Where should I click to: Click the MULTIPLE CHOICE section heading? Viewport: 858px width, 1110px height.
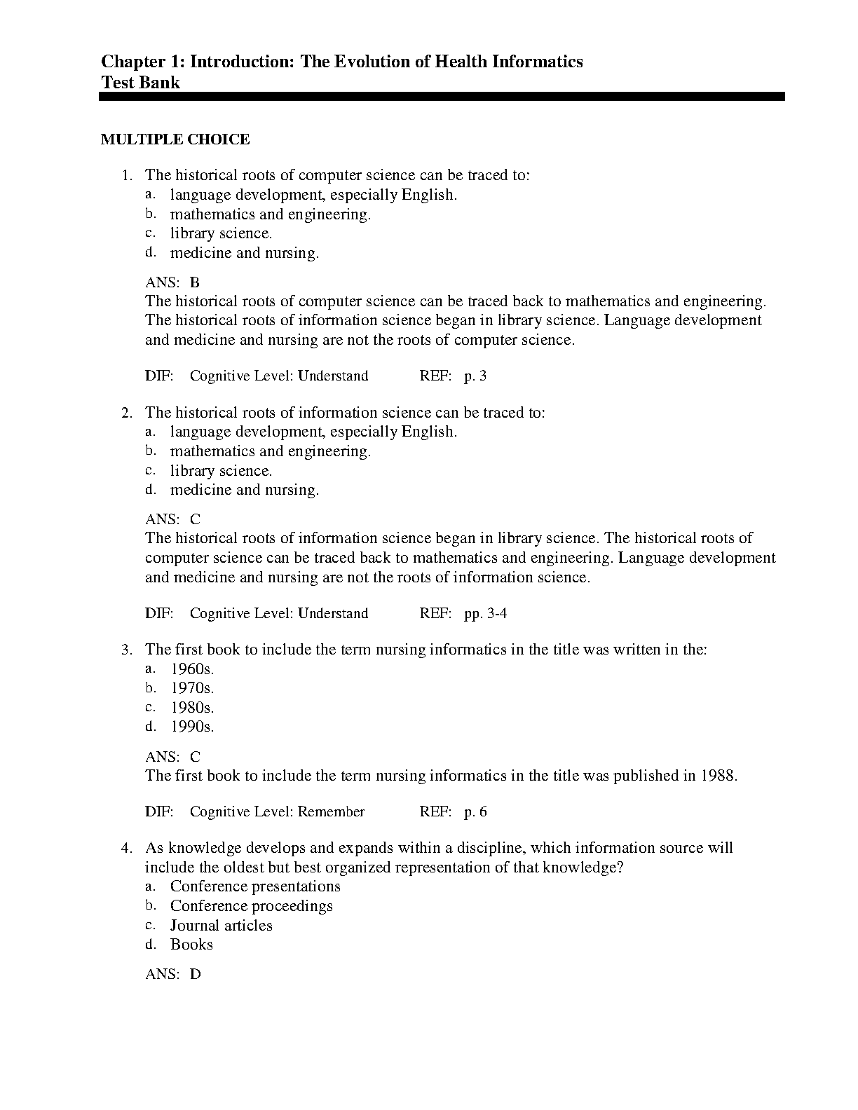point(175,139)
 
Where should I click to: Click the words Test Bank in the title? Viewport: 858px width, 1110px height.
point(140,83)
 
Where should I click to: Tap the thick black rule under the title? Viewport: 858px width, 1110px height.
point(442,97)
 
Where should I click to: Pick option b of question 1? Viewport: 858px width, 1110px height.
point(270,214)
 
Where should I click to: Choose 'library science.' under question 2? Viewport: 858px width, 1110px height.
point(221,471)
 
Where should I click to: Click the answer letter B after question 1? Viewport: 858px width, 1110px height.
point(195,282)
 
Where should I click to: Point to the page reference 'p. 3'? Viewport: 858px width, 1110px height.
point(475,376)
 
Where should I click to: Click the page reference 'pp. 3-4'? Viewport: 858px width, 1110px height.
point(485,613)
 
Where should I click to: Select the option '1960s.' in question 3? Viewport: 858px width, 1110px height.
point(192,669)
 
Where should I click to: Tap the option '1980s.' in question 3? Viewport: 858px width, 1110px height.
point(192,708)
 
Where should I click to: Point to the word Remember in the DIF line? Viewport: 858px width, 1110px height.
point(331,811)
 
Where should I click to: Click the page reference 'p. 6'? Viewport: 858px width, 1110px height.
point(475,811)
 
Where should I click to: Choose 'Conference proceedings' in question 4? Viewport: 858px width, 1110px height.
point(251,906)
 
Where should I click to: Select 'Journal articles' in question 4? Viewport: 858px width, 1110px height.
point(221,926)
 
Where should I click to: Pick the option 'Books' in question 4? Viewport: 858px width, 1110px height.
point(191,945)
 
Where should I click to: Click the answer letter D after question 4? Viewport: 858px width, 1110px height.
point(195,974)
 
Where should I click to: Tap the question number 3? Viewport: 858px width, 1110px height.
point(126,650)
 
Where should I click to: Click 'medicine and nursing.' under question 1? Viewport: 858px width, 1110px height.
point(244,253)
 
